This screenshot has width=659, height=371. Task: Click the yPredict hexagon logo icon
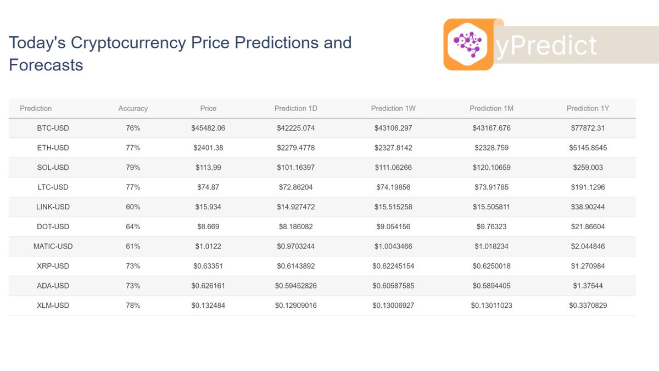[468, 45]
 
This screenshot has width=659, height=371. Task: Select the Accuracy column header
[133, 108]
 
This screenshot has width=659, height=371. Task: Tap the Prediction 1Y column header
[588, 108]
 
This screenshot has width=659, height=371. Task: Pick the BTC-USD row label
[53, 128]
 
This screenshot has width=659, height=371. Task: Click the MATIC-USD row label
[53, 246]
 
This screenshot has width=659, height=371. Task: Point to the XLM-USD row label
[53, 305]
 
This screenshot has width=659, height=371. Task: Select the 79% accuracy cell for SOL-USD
[133, 168]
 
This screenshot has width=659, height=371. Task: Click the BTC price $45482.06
[208, 128]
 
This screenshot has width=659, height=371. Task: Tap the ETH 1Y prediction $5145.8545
[588, 148]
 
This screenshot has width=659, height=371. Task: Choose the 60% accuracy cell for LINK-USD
[133, 207]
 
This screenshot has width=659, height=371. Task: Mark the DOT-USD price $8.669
[208, 226]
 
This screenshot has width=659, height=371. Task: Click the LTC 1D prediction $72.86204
[296, 187]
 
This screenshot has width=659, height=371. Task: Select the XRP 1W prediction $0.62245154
[393, 266]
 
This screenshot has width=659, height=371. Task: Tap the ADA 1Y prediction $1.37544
[588, 286]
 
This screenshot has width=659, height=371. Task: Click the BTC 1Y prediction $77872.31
[588, 128]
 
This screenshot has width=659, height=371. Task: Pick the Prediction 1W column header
[393, 108]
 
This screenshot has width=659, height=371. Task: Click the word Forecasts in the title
[46, 65]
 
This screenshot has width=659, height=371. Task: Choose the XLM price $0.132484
[208, 305]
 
